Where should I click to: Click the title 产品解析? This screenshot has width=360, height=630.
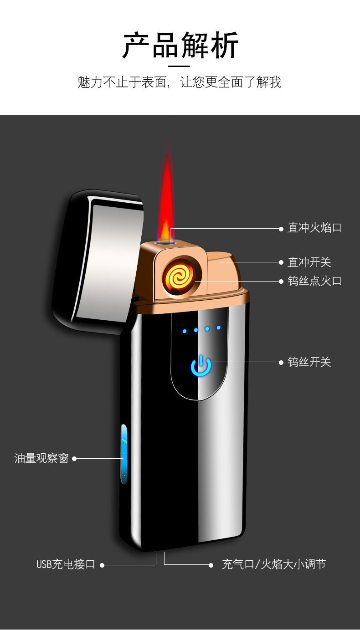[180, 46]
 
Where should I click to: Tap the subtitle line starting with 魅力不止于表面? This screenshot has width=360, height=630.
[180, 82]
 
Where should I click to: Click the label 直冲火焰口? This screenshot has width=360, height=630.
[314, 228]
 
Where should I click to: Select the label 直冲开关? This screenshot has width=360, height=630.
[309, 262]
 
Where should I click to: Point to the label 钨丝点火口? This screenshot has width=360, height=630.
[314, 281]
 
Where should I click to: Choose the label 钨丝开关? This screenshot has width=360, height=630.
[309, 362]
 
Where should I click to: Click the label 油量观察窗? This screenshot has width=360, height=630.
[41, 458]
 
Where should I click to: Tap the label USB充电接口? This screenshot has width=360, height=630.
[66, 564]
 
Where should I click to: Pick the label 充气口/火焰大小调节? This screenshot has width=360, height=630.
[274, 564]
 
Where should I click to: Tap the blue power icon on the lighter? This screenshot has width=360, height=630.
[201, 367]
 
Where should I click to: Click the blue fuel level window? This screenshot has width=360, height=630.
[124, 454]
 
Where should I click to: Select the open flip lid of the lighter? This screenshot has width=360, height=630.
[98, 260]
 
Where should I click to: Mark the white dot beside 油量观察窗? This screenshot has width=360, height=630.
[74, 458]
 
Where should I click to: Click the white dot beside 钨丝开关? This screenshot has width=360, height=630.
[281, 363]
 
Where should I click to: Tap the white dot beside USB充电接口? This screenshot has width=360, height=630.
[102, 565]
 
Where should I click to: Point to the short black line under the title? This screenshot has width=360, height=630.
[179, 66]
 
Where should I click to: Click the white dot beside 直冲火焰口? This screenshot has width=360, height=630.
[281, 229]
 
